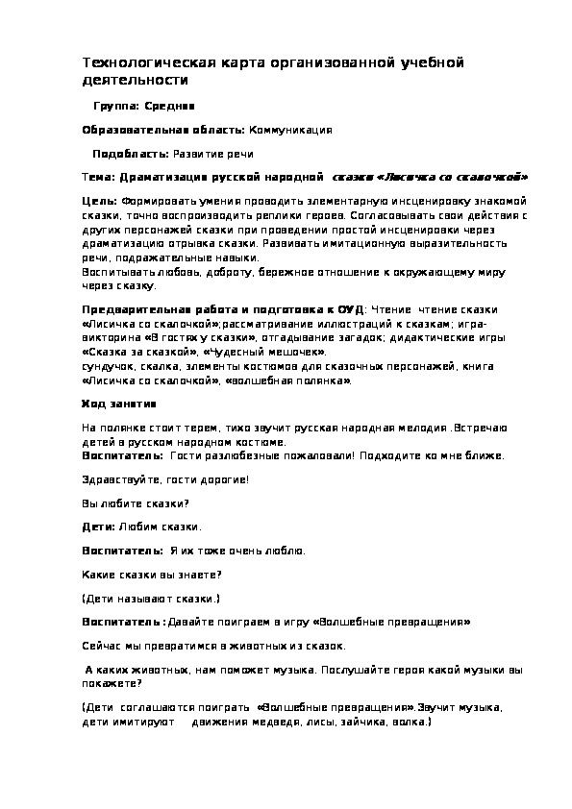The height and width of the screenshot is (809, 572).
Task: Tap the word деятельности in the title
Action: [126, 80]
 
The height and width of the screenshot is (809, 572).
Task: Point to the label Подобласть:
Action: [130, 154]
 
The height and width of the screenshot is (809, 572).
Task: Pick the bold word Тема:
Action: [98, 178]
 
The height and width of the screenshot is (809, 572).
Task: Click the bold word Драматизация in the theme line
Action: [159, 178]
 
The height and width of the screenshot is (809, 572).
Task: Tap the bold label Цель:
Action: [99, 203]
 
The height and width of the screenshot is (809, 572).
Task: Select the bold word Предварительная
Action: [130, 309]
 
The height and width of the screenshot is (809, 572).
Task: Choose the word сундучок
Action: [108, 366]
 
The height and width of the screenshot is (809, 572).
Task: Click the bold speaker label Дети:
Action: [98, 527]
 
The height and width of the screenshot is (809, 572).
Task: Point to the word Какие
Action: [97, 575]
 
